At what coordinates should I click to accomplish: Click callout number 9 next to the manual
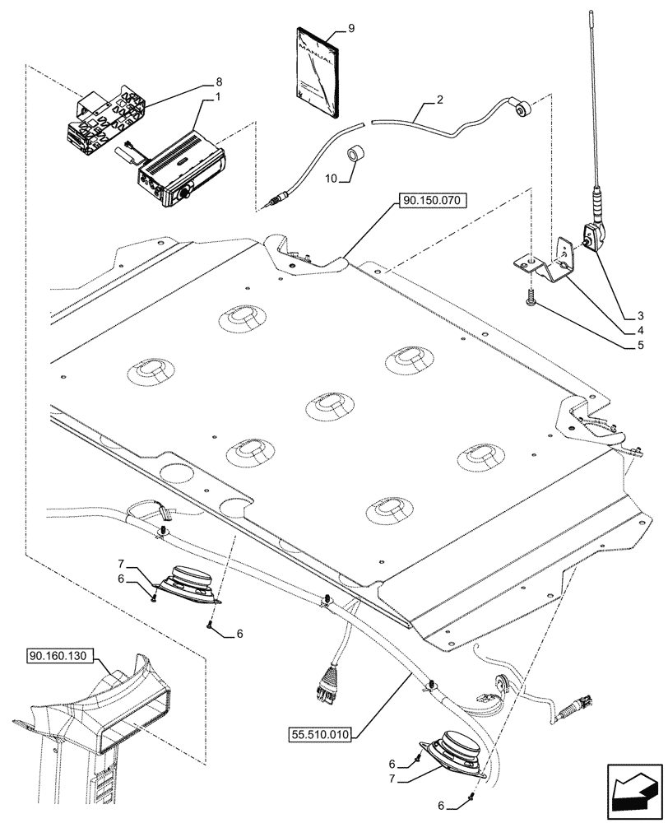[351, 28]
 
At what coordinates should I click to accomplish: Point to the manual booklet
[317, 75]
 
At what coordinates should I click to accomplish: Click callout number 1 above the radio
[218, 98]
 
